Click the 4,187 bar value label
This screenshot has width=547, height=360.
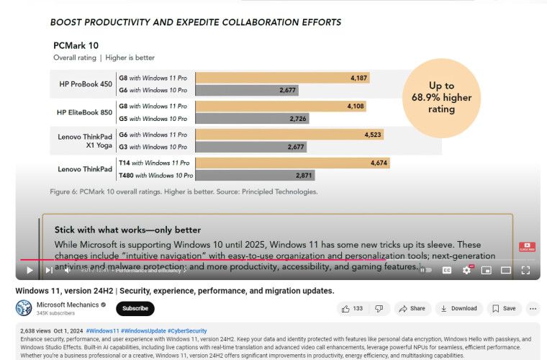click(358, 78)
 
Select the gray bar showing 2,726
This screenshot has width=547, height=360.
click(253, 118)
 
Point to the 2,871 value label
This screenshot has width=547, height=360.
click(304, 175)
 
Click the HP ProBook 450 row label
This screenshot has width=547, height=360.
click(86, 84)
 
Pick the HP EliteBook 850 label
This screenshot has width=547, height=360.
click(85, 112)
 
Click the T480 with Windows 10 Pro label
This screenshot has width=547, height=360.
click(155, 175)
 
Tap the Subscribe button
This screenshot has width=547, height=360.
click(135, 308)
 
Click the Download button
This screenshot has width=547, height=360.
click(458, 308)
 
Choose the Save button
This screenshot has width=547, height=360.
click(503, 308)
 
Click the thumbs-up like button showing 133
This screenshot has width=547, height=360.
click(351, 308)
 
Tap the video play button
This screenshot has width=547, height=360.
click(30, 270)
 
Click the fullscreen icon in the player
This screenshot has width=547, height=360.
click(525, 270)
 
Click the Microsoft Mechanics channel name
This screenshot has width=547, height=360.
click(67, 304)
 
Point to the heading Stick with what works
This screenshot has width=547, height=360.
click(127, 230)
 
